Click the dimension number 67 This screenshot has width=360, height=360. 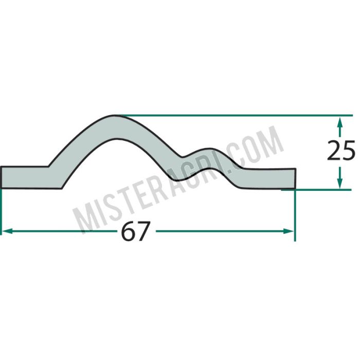pyautogui.click(x=136, y=231)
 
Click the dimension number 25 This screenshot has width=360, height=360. pyautogui.click(x=341, y=151)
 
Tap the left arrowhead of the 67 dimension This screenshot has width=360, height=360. pyautogui.click(x=7, y=231)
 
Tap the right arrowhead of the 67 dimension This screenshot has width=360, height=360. pyautogui.click(x=289, y=231)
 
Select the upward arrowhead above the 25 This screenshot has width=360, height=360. pyautogui.click(x=340, y=122)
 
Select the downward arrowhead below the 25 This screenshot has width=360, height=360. pyautogui.click(x=340, y=183)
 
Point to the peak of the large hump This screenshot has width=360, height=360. pyautogui.click(x=115, y=116)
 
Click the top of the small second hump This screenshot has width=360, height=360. pyautogui.click(x=208, y=149)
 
